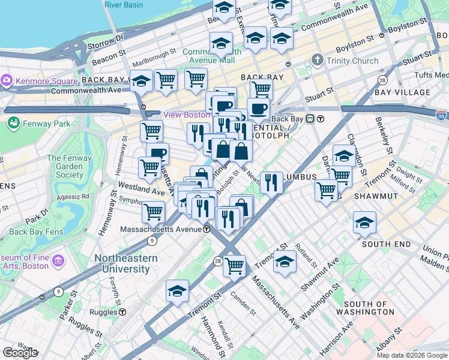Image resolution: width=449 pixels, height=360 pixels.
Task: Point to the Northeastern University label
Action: coord(126,264)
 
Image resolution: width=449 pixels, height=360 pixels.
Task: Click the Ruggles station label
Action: coord(100,312)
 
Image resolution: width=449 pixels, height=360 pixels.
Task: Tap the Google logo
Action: coord(20,353)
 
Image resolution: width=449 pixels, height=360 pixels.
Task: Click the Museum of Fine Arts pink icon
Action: coord(58,260)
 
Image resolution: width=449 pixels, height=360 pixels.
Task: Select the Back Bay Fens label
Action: coord(35,232)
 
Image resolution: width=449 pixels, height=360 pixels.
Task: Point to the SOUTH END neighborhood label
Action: coord(386,244)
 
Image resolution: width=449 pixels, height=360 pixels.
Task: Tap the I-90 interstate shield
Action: coord(442,114)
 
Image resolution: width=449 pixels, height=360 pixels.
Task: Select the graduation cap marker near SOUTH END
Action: coord(364,223)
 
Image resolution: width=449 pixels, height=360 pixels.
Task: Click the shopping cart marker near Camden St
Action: coord(234,264)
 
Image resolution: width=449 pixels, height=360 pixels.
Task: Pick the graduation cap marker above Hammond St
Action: coord(177,291)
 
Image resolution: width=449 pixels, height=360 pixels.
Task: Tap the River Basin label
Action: coord(123,5)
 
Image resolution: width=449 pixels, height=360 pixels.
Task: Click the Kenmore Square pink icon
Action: coord(7,80)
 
